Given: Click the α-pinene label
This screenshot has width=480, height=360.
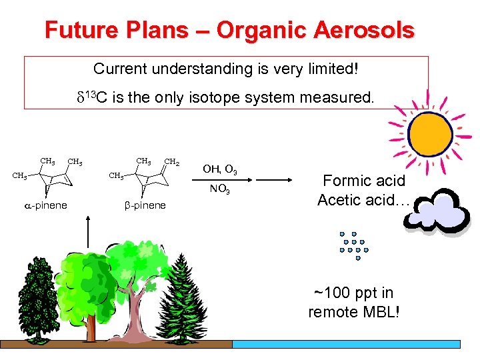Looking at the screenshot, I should pos(45,205).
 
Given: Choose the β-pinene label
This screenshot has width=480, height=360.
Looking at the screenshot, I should pos(145,205).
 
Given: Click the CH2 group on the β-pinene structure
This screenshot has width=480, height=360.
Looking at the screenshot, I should pos(171,161).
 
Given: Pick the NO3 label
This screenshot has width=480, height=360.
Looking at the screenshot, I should pos(219,191).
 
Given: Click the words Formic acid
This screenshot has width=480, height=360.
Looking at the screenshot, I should pos(364,181).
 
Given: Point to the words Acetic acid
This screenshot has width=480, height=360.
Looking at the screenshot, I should pos(360,200).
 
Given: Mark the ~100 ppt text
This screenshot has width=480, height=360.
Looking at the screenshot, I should pos(354,293).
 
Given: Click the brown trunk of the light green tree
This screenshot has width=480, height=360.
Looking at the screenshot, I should pos(137,313).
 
